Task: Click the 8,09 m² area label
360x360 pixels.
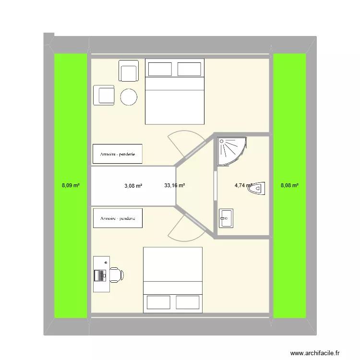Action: coord(71,185)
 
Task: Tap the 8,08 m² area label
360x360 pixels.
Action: coord(289,185)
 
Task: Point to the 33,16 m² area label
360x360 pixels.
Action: coord(174,185)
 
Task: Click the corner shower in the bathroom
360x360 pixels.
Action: coord(231,150)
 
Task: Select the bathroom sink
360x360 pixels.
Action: coord(226,218)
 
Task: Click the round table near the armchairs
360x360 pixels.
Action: coord(129,97)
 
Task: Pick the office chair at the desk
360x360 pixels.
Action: coord(116,276)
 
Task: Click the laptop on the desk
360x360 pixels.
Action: coord(101,276)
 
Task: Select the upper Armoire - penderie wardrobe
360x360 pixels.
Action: coord(118,154)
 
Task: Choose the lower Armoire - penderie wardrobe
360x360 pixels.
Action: coord(118,218)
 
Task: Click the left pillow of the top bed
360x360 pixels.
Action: coord(160,69)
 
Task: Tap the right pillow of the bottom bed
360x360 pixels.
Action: coord(188,302)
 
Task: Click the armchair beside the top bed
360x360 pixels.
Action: coord(129,72)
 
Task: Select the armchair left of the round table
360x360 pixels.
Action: coord(104,95)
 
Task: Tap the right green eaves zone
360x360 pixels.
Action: coord(289,120)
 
